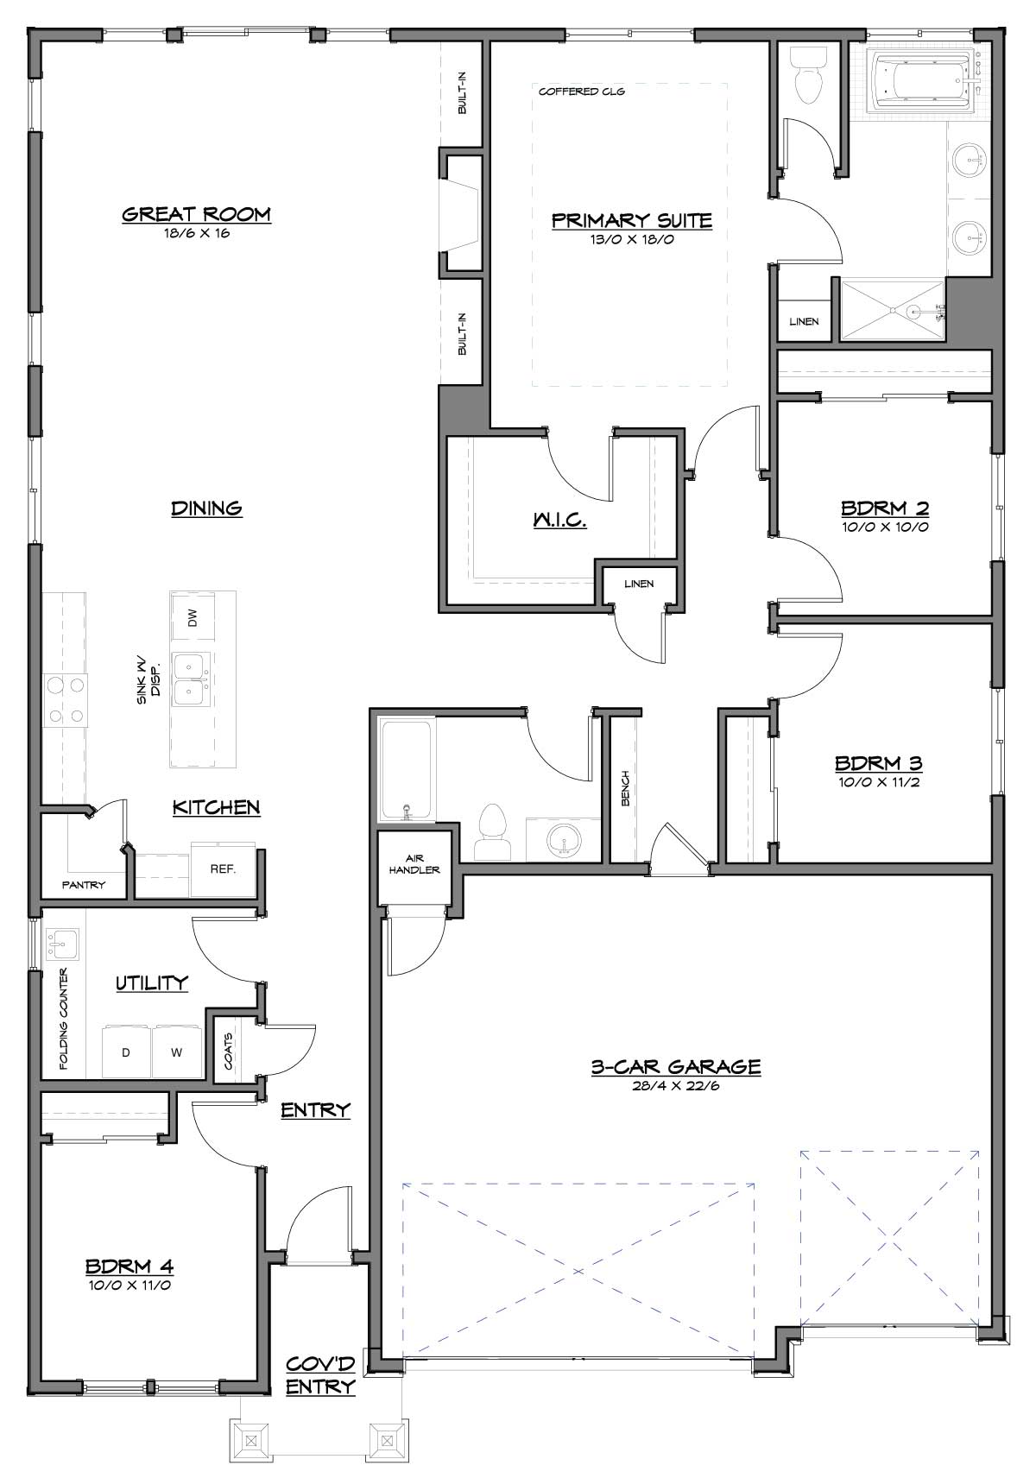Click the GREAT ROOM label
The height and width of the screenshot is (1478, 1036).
coord(197,214)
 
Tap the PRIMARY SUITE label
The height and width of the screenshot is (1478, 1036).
coord(631,220)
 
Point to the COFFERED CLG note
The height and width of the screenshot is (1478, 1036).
coord(581,92)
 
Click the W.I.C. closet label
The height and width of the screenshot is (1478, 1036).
coord(559,520)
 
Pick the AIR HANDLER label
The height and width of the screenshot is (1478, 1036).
coord(414,864)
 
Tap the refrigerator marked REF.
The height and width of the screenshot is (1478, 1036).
coord(223,869)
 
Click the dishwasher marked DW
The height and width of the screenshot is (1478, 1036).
coord(192,617)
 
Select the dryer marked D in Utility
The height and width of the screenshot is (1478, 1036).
coord(127,1052)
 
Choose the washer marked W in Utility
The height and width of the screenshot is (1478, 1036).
coord(177,1052)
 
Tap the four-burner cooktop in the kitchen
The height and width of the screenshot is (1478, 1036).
coord(66,699)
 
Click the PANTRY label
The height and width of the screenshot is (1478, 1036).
coord(84,885)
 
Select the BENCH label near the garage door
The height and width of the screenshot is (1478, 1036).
coord(625,788)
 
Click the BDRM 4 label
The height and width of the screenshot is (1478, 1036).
coord(129,1266)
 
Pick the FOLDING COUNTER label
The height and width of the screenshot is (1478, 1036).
coord(63,1018)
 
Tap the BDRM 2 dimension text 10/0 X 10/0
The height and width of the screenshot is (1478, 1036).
coord(885,527)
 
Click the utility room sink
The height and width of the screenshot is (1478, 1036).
coord(62,944)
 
